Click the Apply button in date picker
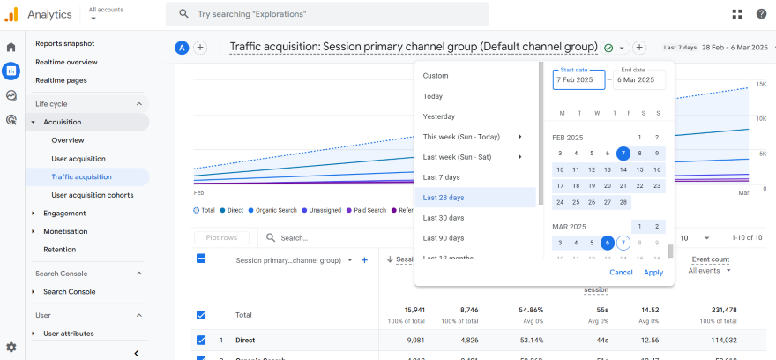coord(653,272)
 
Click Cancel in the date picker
coord(621,272)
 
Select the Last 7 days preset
coord(441,177)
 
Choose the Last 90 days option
coord(443,238)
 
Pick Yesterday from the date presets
coord(438,116)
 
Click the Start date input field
coord(579,79)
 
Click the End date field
coord(638,79)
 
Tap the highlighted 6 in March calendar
coord(607,243)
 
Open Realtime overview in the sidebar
coord(66,62)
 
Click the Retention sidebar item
coord(59,249)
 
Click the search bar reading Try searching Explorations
coord(327,14)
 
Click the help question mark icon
coord(762,14)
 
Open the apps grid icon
coord(737,14)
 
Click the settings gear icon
coord(11,348)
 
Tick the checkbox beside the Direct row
coord(201,340)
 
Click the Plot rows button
coord(221,237)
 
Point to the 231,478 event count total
coord(719,310)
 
